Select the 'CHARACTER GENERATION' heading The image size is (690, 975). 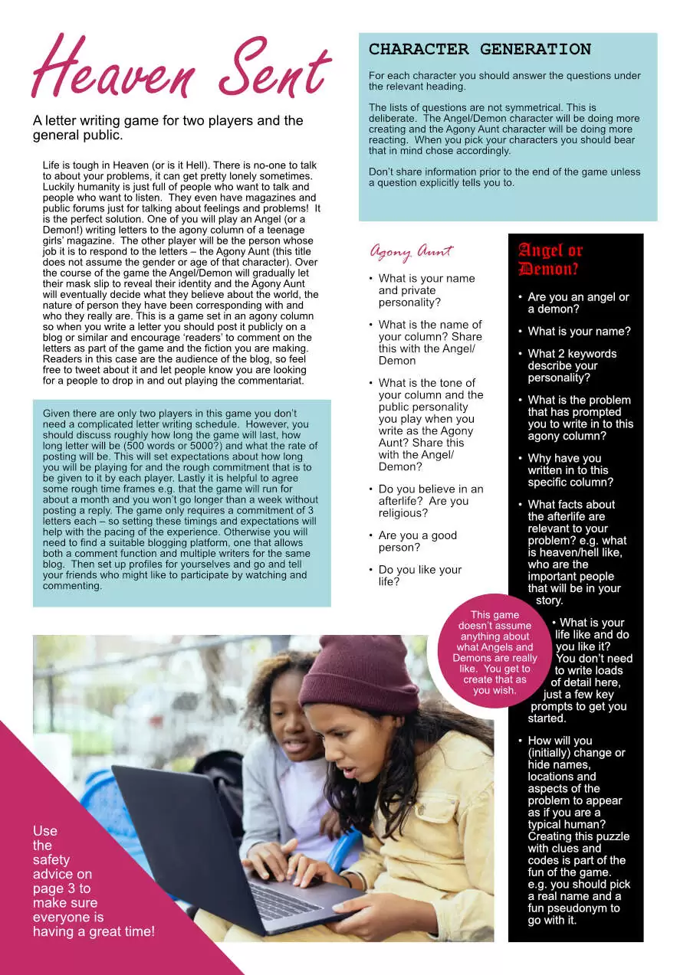480,50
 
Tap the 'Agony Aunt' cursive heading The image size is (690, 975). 411,251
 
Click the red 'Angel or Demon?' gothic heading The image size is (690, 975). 550,259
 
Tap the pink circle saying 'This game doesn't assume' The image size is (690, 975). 495,652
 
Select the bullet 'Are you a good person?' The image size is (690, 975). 418,541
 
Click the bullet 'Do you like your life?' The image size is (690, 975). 420,575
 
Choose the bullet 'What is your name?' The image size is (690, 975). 579,332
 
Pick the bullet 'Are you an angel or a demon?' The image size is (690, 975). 578,303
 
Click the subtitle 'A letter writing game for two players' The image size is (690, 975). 168,128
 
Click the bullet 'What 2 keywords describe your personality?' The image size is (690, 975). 572,365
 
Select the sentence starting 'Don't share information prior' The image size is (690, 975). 504,177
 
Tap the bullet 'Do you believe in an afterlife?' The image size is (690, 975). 430,501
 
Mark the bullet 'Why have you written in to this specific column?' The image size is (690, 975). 570,470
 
